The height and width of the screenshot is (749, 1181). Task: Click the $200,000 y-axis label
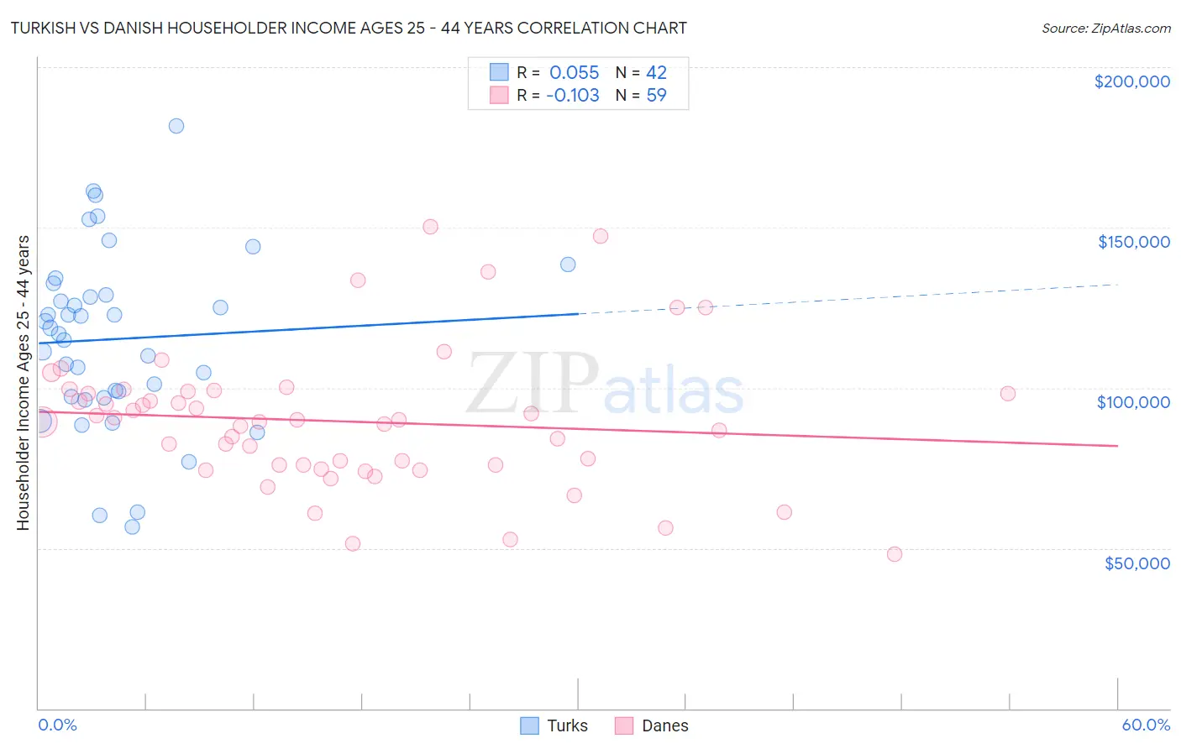point(1131,81)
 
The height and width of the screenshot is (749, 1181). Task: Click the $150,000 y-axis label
point(1133,242)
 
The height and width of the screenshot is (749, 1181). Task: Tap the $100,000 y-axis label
point(1133,402)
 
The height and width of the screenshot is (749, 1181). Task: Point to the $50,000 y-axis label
point(1136,563)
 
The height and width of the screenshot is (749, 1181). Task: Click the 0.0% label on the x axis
point(57,725)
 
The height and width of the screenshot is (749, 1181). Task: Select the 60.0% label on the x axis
point(1145,725)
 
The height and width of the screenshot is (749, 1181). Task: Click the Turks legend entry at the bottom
point(567,725)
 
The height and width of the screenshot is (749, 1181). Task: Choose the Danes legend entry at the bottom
point(664,725)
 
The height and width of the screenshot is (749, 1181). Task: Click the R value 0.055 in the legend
point(574,72)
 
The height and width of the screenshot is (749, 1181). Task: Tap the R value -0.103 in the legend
point(572,95)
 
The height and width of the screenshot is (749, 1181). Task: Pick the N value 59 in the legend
point(656,95)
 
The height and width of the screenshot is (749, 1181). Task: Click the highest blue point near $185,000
point(176,126)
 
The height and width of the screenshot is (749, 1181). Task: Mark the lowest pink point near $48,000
point(895,554)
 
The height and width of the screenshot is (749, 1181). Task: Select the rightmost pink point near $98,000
point(1008,393)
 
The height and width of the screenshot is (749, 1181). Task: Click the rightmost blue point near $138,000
point(568,265)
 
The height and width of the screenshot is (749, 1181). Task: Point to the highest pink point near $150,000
point(430,227)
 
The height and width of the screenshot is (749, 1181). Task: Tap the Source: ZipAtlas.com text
point(1105,28)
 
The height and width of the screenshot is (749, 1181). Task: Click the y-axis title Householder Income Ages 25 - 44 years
point(23,382)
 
